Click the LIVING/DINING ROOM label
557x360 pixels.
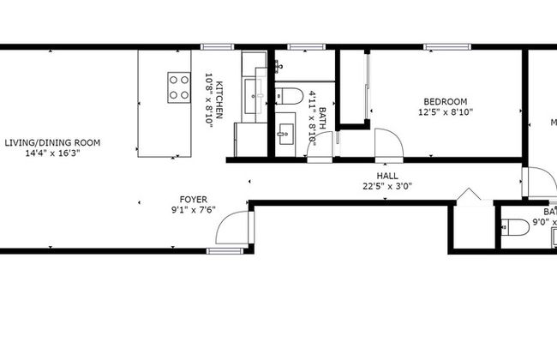[51, 142]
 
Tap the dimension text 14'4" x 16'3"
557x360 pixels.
[51, 153]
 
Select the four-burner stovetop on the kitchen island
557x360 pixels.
[179, 87]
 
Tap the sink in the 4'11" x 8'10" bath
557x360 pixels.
[284, 134]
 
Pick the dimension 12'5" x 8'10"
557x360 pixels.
[446, 111]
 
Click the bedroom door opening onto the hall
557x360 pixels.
[386, 144]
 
